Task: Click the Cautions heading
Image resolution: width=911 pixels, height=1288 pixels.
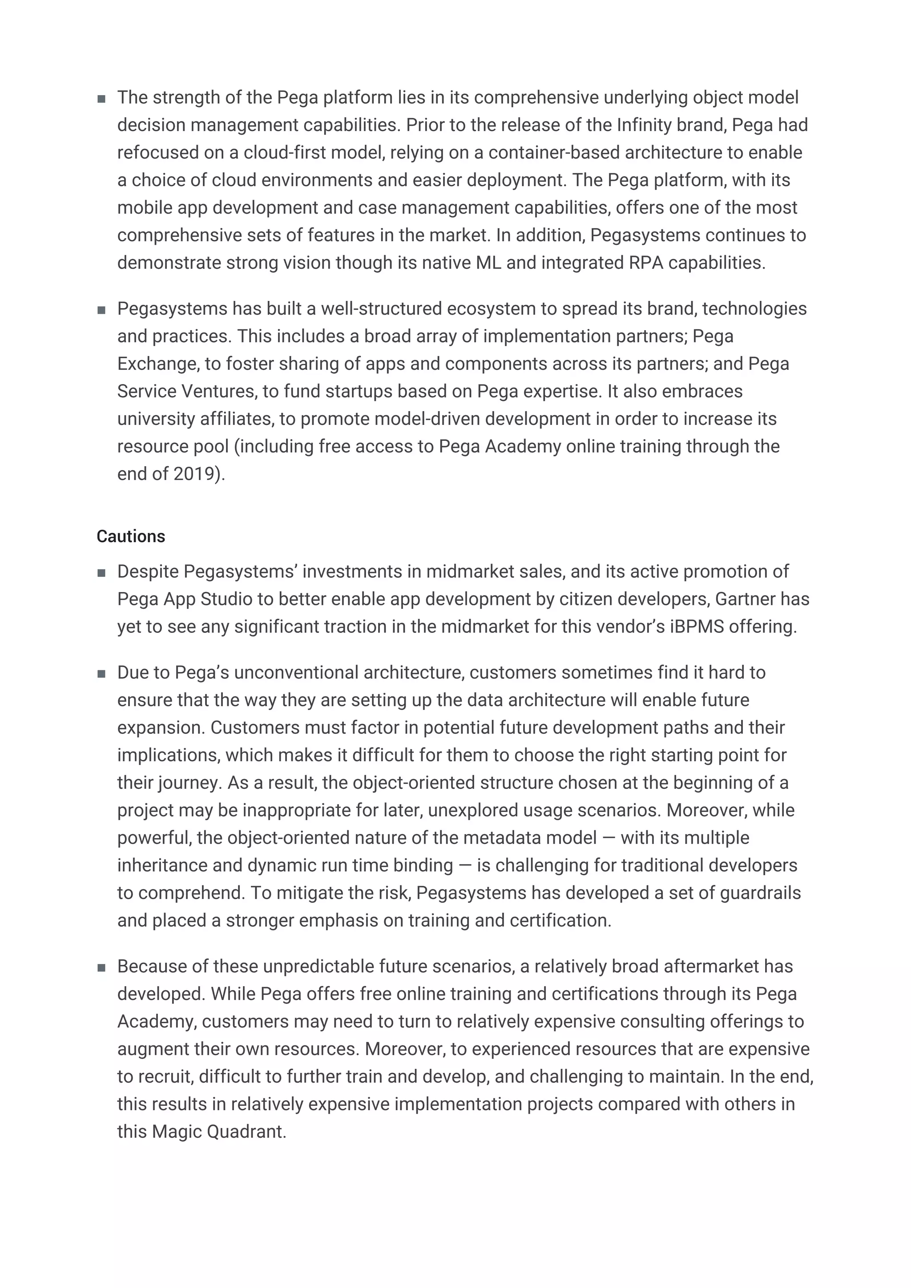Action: coord(131,536)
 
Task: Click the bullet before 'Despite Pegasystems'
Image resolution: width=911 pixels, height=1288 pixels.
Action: coord(101,573)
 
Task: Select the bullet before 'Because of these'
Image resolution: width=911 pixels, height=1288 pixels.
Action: coord(101,968)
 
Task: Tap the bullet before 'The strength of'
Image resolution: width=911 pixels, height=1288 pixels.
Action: coord(101,99)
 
